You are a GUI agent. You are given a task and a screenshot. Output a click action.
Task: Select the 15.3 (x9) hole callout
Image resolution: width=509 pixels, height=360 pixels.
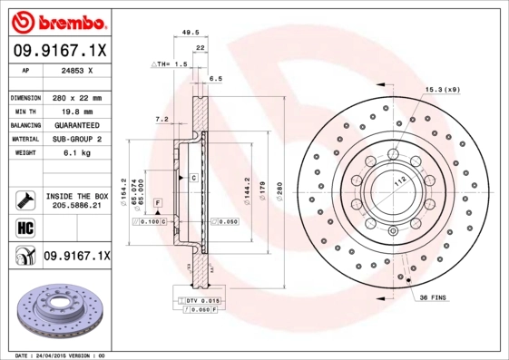click(442, 89)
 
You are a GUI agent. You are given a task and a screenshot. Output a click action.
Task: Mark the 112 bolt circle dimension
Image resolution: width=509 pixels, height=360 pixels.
click(396, 180)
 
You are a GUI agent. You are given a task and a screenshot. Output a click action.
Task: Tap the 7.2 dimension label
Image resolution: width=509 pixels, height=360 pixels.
click(162, 119)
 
